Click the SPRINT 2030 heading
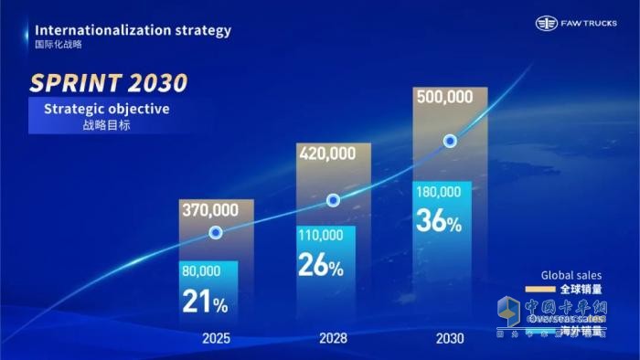point(109,83)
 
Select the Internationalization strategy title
point(133,29)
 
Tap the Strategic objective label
point(106,110)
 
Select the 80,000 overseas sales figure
point(202,270)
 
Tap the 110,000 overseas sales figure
point(320,235)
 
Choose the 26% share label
point(320,265)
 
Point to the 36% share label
point(438,220)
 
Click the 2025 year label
point(216,338)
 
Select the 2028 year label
point(333,338)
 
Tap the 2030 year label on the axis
point(450,338)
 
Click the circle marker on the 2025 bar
point(216,233)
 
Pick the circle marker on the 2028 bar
point(334,200)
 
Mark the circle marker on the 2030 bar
point(450,141)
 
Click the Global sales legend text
point(571,274)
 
